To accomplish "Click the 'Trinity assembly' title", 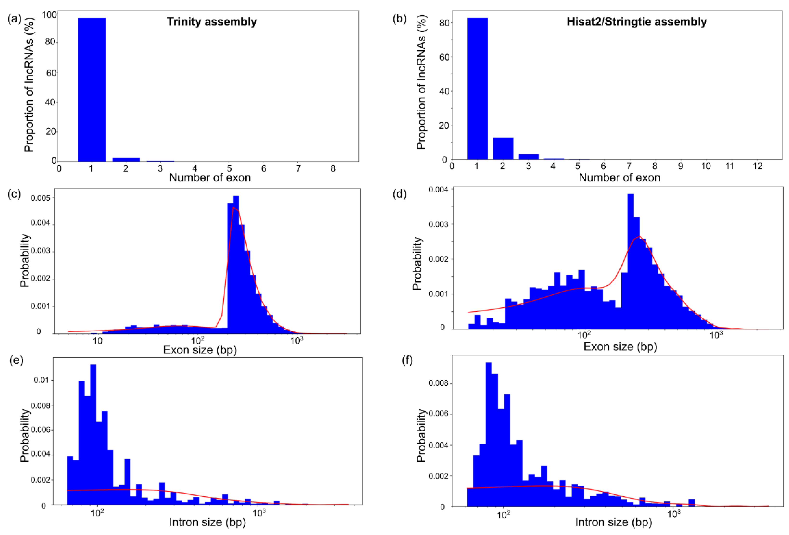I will tap(212, 22).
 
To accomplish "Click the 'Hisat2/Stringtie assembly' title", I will tap(636, 22).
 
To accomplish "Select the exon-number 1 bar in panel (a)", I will tap(92, 90).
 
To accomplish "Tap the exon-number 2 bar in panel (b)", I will tap(503, 148).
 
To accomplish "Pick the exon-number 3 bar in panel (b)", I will tap(528, 157).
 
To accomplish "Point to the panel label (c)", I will tap(14, 194).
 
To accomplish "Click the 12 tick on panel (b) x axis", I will tap(758, 166).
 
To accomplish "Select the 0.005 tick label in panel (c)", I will tap(40, 198).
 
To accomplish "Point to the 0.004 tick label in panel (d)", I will tap(438, 190).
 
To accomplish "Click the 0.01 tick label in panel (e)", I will tap(41, 380).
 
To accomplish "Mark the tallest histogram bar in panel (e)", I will tap(93, 434).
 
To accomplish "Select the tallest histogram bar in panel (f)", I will tap(489, 434).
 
